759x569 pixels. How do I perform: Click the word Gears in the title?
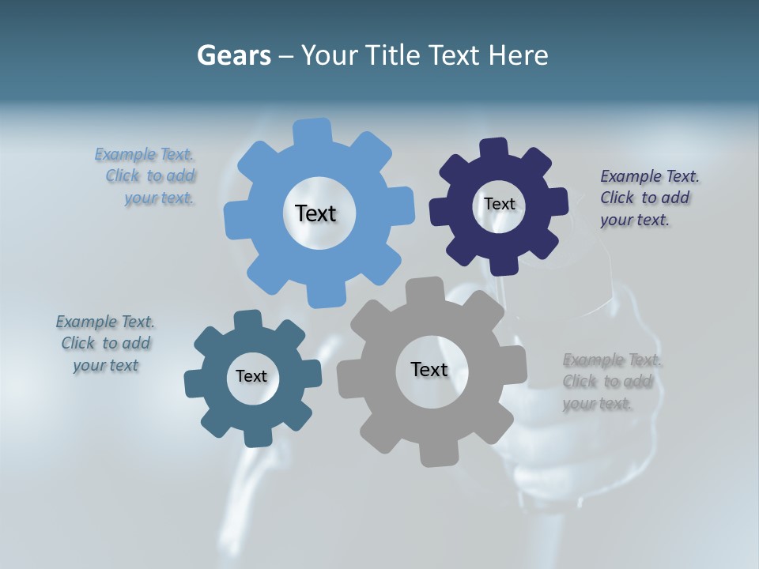pos(233,55)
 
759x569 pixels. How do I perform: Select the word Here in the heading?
pos(519,55)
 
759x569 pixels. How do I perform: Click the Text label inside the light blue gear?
pos(315,213)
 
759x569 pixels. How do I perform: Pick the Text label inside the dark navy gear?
pos(499,204)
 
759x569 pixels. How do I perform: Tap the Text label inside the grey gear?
pos(429,369)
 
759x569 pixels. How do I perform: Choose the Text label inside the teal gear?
pos(251,376)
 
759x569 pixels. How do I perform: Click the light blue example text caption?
pos(146,176)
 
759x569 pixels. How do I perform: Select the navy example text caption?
pos(649,198)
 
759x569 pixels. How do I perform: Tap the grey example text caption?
pos(611,382)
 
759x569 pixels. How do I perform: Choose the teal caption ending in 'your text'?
pos(105,343)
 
